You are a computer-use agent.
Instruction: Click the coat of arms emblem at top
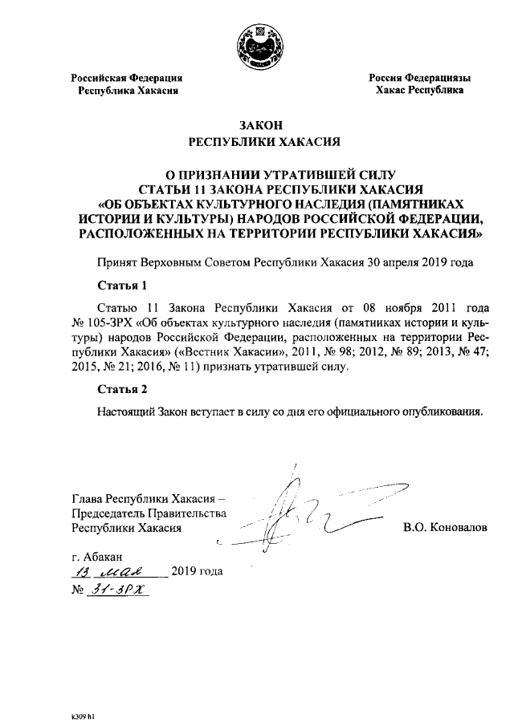coord(257,41)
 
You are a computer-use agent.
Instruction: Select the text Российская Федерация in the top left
coord(127,78)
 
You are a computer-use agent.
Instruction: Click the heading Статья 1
coord(122,285)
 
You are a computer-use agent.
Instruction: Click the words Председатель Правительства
coord(149,513)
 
